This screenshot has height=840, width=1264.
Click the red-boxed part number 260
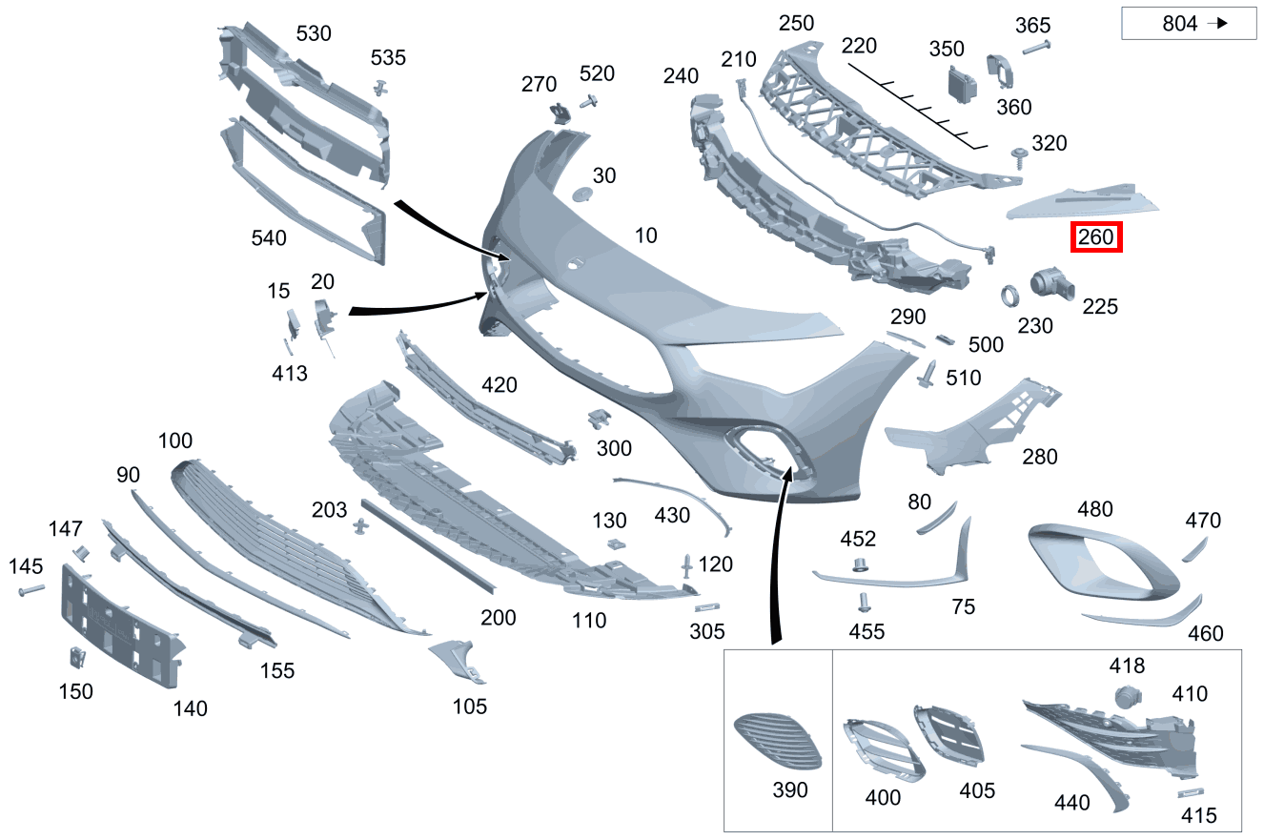pos(1096,237)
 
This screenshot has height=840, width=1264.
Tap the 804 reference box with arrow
pos(1189,23)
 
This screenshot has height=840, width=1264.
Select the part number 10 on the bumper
pos(645,236)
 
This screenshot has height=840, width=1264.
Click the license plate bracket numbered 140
pos(122,626)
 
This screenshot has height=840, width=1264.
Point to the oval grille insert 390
pos(778,741)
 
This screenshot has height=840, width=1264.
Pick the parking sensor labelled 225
pos(1051,283)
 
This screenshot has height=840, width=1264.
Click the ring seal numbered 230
pos(1009,296)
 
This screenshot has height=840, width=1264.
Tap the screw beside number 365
pos(1036,48)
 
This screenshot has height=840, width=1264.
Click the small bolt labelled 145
pos(31,590)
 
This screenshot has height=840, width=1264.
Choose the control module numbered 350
pos(962,85)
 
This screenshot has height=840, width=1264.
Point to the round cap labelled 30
pos(581,195)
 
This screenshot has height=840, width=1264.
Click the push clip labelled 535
pos(381,88)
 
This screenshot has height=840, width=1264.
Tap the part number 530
pos(314,34)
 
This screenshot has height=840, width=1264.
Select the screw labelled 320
pos(1019,158)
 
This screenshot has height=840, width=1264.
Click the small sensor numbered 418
pos(1128,696)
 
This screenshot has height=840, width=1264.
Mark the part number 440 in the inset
pos(1071,802)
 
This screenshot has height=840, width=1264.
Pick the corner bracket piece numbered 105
pos(459,662)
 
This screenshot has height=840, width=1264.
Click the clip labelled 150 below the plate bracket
pos(77,658)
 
